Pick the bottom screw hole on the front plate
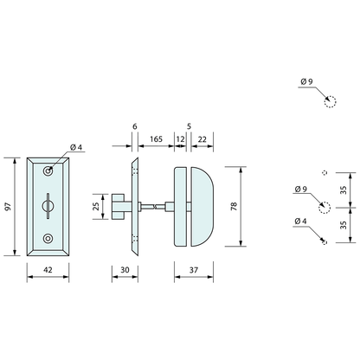[48, 239]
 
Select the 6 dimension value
[135, 125]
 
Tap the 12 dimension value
[180, 138]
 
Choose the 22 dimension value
[202, 138]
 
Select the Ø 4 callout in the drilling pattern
[299, 222]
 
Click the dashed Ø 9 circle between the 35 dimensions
[325, 207]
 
